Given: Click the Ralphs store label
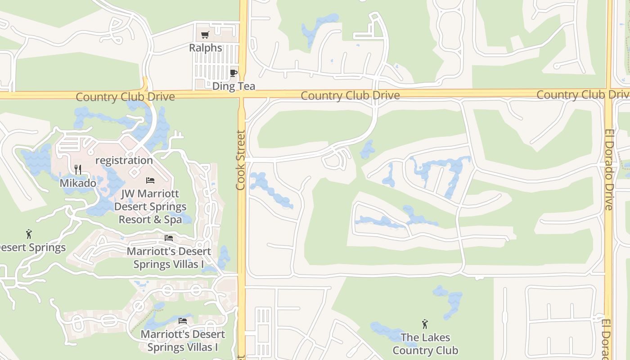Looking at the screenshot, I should click(206, 48).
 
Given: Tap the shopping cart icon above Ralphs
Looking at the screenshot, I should click(205, 35).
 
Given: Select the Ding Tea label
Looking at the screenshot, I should click(234, 86).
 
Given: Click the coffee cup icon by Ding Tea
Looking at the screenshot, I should click(233, 73).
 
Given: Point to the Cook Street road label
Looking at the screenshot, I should click(241, 160).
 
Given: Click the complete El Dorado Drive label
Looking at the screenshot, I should click(609, 170).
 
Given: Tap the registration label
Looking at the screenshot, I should click(124, 160).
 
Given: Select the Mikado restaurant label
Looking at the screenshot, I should click(78, 183).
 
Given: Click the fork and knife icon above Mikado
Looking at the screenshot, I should click(78, 169).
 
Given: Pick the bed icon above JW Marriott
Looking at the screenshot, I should click(150, 180).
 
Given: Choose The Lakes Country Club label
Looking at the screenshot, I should click(425, 344).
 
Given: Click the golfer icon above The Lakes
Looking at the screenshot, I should click(424, 324).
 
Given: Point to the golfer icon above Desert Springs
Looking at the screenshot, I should click(29, 234).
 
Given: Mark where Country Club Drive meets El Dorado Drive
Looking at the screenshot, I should click(608, 94).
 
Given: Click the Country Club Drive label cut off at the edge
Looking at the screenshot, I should click(583, 95).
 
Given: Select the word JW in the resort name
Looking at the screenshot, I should click(128, 194).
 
